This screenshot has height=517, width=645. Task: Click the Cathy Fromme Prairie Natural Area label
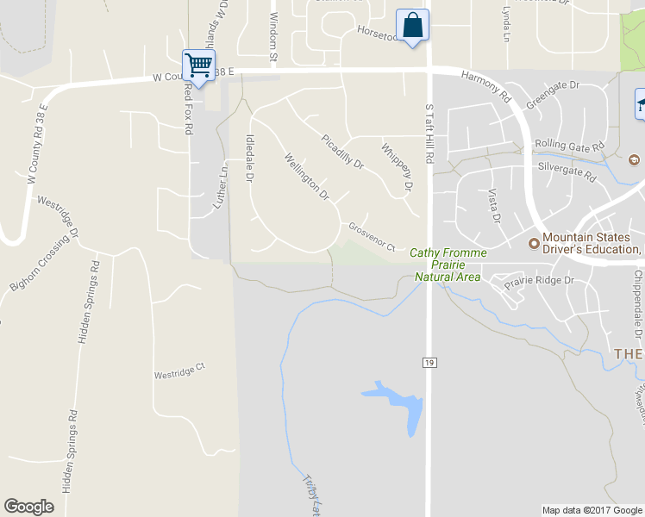448,265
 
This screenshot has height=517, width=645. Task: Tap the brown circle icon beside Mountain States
533,243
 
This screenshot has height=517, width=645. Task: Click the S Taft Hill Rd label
429,133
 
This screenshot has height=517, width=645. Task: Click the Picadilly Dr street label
343,151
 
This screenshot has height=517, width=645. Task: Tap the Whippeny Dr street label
398,167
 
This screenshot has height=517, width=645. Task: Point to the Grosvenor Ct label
372,238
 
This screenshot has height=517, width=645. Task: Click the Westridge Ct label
180,371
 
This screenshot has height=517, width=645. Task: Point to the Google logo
28,507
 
